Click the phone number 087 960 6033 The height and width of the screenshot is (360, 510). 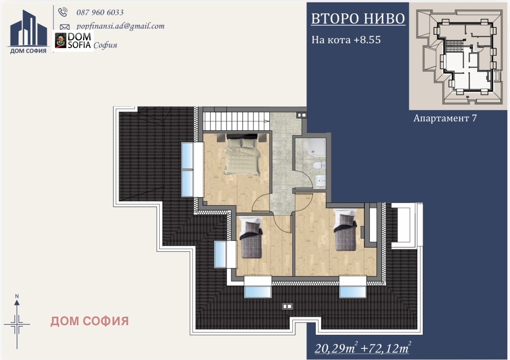click(100, 12)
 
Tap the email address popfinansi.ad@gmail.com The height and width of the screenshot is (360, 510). click(121, 26)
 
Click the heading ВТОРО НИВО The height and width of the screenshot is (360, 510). click(358, 19)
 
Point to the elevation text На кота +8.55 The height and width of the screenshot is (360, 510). click(346, 40)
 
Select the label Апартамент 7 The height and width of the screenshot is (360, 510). click(445, 118)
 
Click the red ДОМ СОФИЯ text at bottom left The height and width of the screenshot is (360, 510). click(90, 321)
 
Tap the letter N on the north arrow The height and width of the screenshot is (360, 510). click(17, 297)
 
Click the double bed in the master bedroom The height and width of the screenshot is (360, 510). click(242, 155)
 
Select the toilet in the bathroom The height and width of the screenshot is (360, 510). click(319, 165)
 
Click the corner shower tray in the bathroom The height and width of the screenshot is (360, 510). click(316, 147)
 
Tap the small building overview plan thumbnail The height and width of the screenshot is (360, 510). click(459, 56)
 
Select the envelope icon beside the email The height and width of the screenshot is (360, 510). click(65, 27)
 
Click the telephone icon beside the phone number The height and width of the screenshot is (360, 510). click(63, 12)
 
